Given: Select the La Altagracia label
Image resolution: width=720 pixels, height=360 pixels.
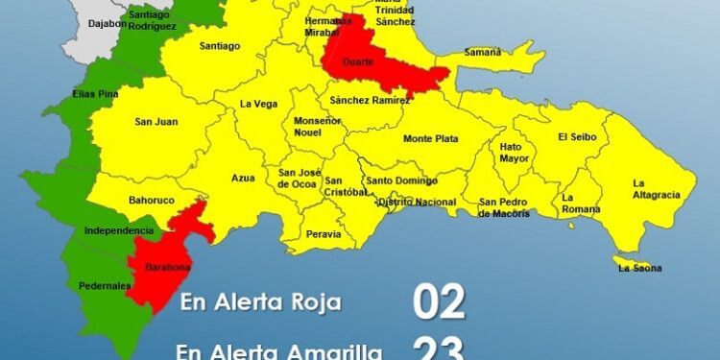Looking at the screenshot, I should [x=656, y=188].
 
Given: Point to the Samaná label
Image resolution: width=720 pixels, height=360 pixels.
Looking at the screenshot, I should [x=483, y=53].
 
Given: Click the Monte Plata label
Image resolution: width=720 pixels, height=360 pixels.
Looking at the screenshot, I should [x=430, y=139].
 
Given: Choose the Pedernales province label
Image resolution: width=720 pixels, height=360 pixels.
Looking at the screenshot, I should [x=104, y=286].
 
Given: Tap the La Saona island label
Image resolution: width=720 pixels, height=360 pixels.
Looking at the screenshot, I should [x=640, y=269].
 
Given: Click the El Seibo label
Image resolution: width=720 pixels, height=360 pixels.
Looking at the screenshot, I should [x=577, y=137].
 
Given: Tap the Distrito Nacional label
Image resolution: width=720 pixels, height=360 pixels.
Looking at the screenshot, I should [x=417, y=203].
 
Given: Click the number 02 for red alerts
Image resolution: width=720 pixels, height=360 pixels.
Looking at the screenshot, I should [x=439, y=301].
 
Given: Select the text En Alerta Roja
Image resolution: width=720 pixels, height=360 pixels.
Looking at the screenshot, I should [x=261, y=303].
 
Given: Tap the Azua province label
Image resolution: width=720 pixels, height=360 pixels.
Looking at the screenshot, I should [x=243, y=178].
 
